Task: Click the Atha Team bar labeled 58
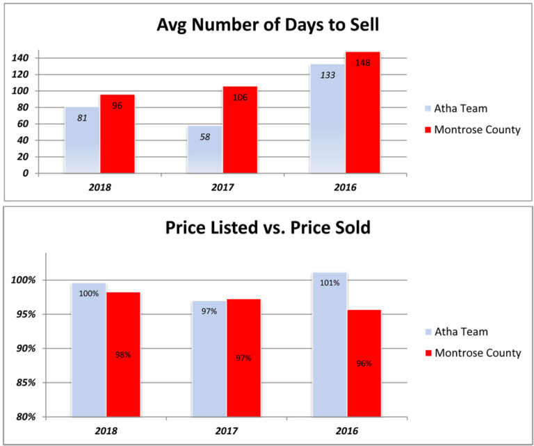pos(204,149)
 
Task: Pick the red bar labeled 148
pos(362,112)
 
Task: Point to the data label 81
pos(82,118)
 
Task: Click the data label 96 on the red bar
pos(117,107)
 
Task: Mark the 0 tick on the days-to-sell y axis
pos(26,173)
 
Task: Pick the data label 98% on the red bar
pos(123,354)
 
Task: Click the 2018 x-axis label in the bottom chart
pos(106,431)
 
